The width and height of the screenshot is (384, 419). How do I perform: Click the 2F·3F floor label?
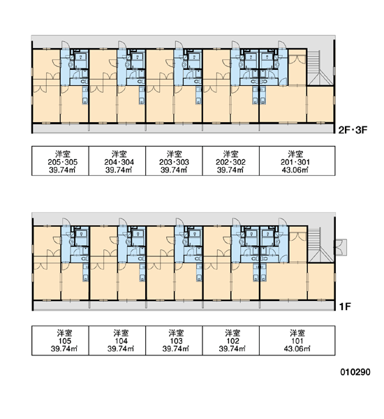point(353,130)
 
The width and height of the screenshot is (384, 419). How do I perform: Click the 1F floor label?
point(345,307)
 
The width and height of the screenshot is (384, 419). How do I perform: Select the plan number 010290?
point(355,372)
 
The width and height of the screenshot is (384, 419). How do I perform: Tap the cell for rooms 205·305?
point(60,161)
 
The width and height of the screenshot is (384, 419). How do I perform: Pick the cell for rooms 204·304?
point(117,161)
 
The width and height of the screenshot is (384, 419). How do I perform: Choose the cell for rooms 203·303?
point(174,161)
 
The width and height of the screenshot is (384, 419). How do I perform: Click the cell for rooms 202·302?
point(231,161)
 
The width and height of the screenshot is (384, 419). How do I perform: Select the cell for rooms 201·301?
point(297,161)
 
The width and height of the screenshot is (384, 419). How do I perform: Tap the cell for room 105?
point(60,341)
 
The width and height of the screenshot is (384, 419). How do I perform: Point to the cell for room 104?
point(117,341)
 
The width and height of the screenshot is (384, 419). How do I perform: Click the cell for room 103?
point(174,341)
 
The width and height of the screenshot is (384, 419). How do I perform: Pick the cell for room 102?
point(231,341)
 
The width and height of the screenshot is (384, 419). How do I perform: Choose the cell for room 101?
point(297,341)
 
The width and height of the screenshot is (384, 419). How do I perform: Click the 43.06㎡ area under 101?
point(297,348)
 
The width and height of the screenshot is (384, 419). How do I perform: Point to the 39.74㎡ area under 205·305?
point(62,170)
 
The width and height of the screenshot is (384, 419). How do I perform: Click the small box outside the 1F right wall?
point(341,247)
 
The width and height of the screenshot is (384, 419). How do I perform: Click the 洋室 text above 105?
point(64,333)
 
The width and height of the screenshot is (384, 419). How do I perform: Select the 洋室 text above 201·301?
point(295,154)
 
